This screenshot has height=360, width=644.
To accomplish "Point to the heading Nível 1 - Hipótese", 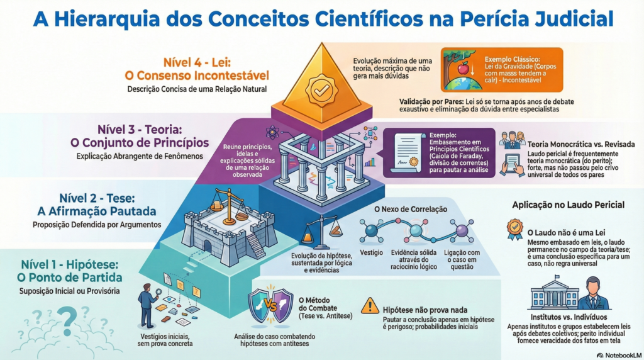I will [71, 264].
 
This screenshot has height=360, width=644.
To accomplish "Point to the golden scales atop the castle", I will [227, 203].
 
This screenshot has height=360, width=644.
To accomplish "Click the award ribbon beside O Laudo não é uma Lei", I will [514, 227].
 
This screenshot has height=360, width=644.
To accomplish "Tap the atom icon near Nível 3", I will [273, 132].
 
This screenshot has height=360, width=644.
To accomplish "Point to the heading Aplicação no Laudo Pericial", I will [568, 205].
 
